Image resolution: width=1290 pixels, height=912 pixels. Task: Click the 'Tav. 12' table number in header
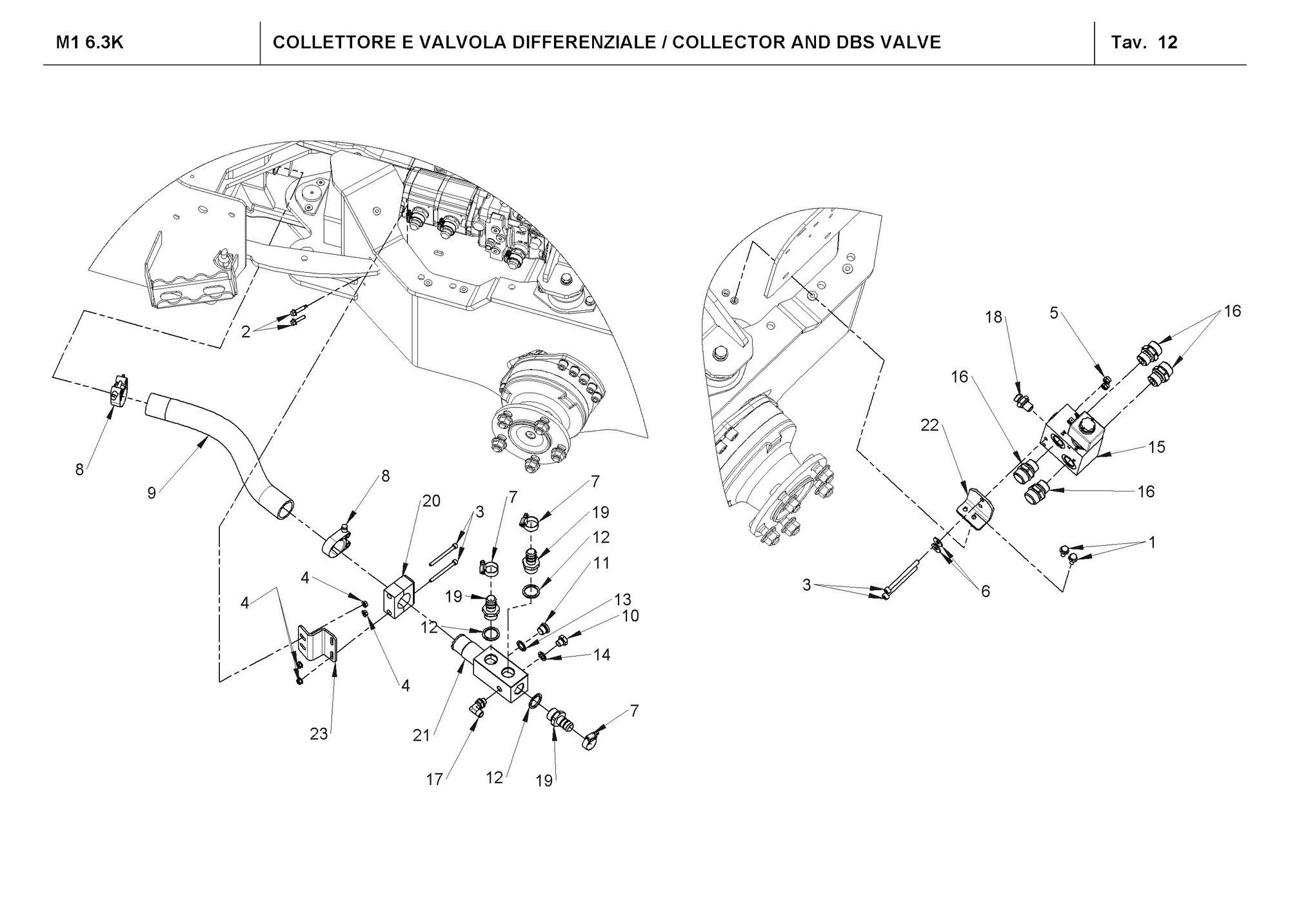1144,43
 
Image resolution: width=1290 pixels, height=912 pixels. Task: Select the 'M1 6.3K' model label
90,43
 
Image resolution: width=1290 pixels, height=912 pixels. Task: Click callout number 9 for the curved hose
152,493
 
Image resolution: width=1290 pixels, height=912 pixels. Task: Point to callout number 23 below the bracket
319,733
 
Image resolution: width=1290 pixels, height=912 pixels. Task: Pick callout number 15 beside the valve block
1157,446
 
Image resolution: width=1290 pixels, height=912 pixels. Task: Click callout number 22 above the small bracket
929,426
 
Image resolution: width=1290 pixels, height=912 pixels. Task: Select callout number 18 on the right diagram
994,317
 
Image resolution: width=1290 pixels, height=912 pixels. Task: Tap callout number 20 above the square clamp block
432,501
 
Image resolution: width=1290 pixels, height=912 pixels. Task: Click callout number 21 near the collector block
421,735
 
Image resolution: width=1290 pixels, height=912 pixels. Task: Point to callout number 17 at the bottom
435,779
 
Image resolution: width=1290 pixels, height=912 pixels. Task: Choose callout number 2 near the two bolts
246,332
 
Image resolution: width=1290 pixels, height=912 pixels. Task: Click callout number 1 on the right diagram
1152,542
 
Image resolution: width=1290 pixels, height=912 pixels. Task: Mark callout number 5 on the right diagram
1054,313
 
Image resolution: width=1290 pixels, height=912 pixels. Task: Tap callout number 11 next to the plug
602,563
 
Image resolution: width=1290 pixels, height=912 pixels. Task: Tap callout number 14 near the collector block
602,655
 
